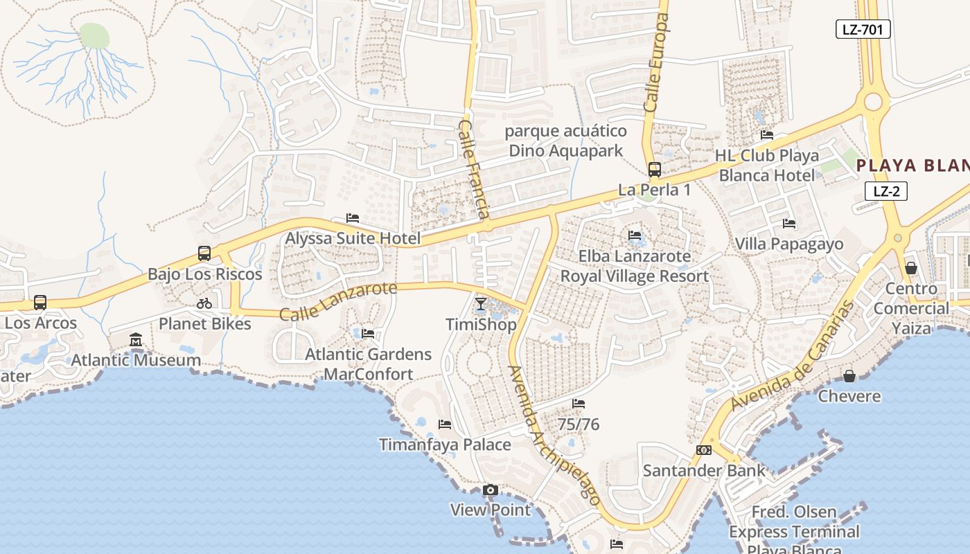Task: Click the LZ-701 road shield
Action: pyautogui.click(x=863, y=29)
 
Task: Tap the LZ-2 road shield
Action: pyautogui.click(x=886, y=191)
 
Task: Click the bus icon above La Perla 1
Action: pyautogui.click(x=654, y=169)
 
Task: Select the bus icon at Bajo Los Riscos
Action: pyautogui.click(x=204, y=253)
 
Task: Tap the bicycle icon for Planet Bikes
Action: pyautogui.click(x=204, y=303)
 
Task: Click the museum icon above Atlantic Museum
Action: pyautogui.click(x=136, y=340)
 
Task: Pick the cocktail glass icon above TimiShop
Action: pyautogui.click(x=481, y=304)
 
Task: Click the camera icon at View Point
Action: pyautogui.click(x=491, y=490)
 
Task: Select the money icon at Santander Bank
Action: pyautogui.click(x=704, y=450)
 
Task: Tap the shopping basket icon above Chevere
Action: pyautogui.click(x=849, y=376)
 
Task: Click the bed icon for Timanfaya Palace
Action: pyautogui.click(x=445, y=425)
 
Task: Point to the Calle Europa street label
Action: pyautogui.click(x=655, y=62)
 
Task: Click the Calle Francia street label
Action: pyautogui.click(x=475, y=169)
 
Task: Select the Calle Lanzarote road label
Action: pyautogui.click(x=338, y=301)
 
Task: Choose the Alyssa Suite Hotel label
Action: pyautogui.click(x=353, y=238)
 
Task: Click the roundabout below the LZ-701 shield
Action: pyautogui.click(x=873, y=102)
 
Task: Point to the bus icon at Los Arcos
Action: pyautogui.click(x=40, y=303)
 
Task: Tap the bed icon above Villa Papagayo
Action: pyautogui.click(x=788, y=224)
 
